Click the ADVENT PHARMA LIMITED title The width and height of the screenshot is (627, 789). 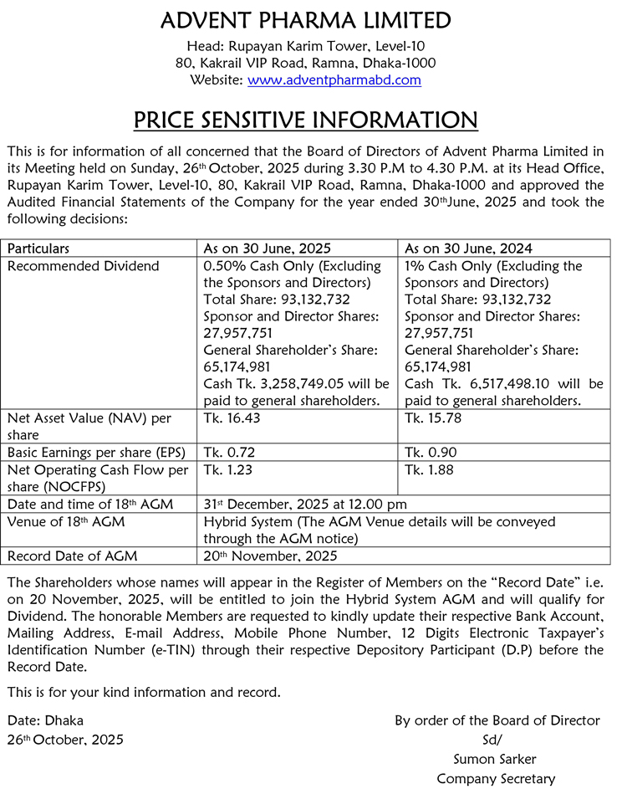pyautogui.click(x=305, y=20)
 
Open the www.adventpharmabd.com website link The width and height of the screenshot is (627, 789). pyautogui.click(x=334, y=80)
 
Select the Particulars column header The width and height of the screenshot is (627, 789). pyautogui.click(x=38, y=248)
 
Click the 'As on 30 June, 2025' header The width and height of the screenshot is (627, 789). pyautogui.click(x=268, y=248)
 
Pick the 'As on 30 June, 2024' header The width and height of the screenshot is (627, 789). pyautogui.click(x=468, y=248)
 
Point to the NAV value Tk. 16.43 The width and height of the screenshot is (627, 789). pyautogui.click(x=230, y=418)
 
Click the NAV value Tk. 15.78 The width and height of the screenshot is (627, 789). pyautogui.click(x=430, y=418)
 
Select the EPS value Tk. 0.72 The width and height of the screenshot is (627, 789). pyautogui.click(x=230, y=453)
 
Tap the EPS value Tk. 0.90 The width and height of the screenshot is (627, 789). pyautogui.click(x=431, y=453)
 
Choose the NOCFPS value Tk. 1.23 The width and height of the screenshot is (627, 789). pyautogui.click(x=228, y=470)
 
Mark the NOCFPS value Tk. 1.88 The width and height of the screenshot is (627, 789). pyautogui.click(x=429, y=470)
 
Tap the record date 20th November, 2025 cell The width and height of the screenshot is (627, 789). pyautogui.click(x=271, y=556)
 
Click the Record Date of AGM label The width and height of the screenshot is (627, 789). pyautogui.click(x=73, y=556)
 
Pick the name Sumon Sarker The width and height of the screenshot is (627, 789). pyautogui.click(x=495, y=759)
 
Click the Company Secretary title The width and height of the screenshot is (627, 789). pyautogui.click(x=495, y=779)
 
